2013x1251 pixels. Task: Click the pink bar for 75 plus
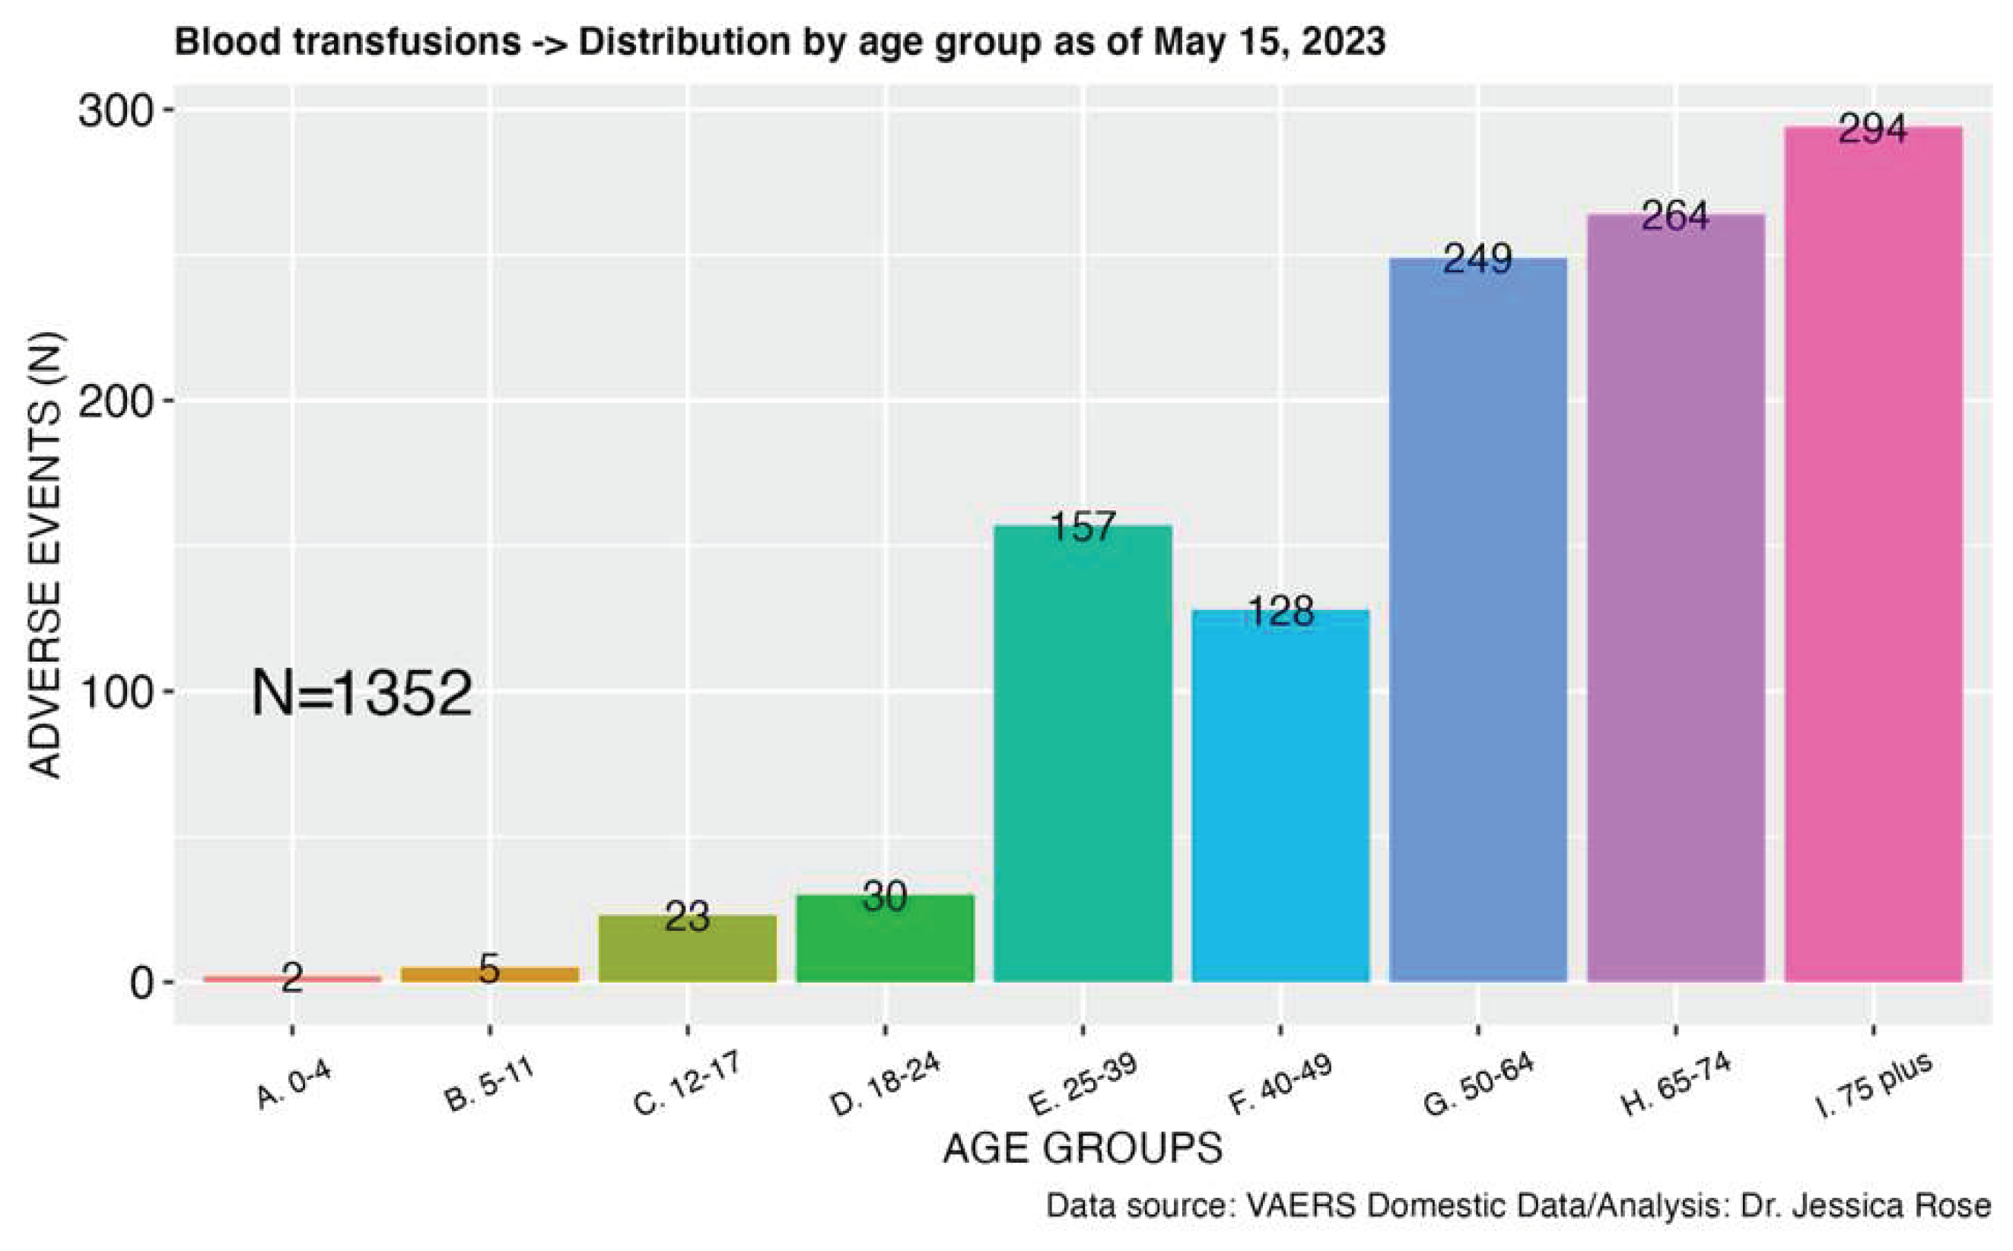tap(1873, 579)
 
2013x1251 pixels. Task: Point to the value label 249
tap(1477, 259)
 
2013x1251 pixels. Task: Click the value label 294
tap(1872, 129)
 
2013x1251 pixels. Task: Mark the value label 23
tap(687, 916)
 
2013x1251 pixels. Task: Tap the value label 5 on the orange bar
tap(489, 969)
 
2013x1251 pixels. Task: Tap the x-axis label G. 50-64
tap(1478, 1085)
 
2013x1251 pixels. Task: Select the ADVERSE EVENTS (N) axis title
tap(46, 554)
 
